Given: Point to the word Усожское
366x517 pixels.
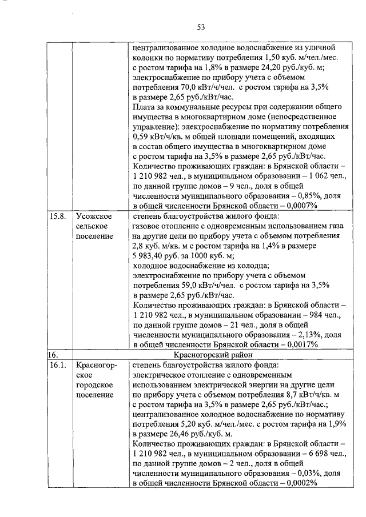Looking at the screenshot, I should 93,217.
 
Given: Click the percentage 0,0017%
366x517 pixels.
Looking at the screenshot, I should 297,345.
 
